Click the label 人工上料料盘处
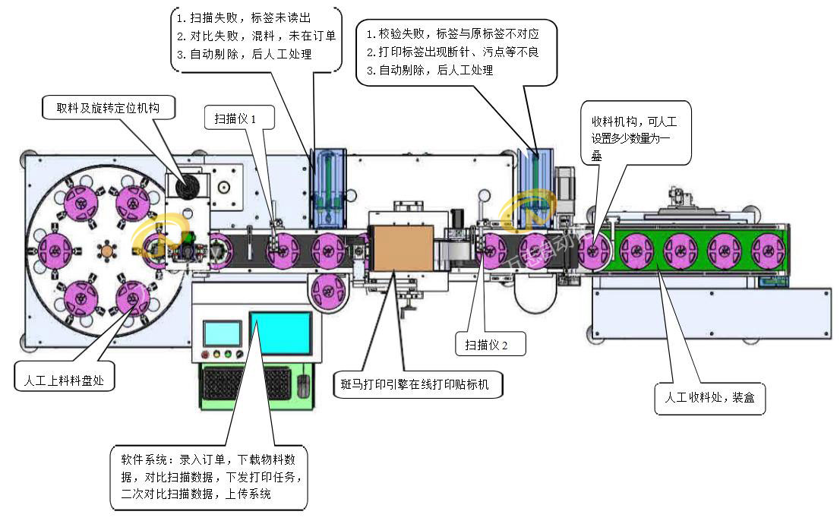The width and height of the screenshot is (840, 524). [65, 377]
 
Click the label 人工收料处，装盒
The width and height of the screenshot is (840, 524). [709, 398]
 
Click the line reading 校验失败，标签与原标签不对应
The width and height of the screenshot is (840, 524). [454, 34]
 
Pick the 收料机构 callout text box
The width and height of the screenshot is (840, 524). [635, 132]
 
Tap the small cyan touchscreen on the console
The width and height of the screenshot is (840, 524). [222, 333]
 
